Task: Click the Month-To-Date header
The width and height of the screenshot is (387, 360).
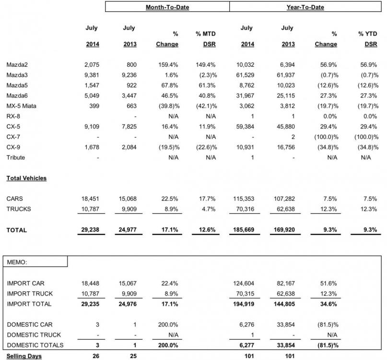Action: click(x=167, y=7)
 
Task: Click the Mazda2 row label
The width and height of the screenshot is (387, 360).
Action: click(x=17, y=65)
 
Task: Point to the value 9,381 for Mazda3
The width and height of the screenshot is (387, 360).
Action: click(x=91, y=74)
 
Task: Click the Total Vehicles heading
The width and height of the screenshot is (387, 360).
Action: click(x=26, y=178)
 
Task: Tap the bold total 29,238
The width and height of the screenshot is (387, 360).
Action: click(x=90, y=230)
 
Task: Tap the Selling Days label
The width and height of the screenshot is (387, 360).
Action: click(x=23, y=356)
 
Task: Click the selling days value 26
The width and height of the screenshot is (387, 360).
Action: click(x=96, y=356)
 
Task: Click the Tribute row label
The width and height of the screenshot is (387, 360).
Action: click(x=16, y=157)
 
